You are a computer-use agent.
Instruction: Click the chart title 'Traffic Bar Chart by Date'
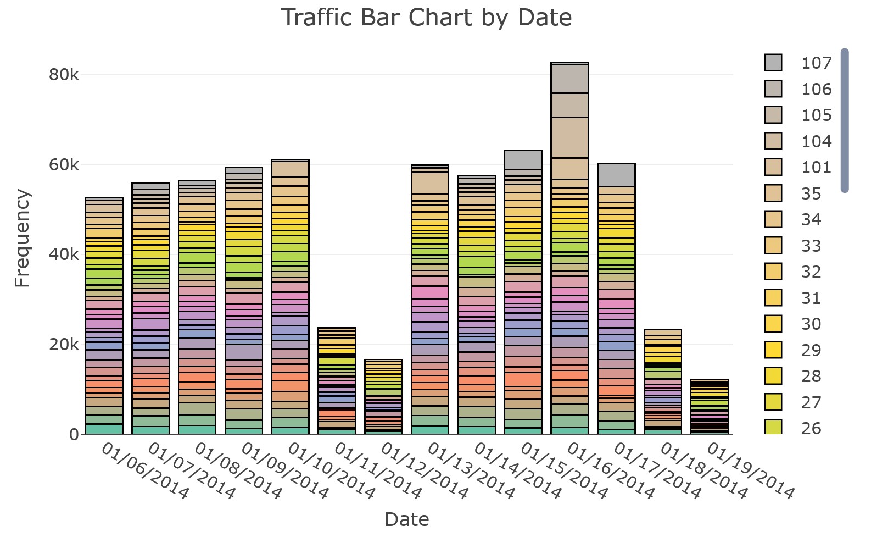click(426, 18)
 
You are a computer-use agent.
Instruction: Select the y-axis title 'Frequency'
click(22, 238)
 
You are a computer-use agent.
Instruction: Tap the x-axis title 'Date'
click(406, 519)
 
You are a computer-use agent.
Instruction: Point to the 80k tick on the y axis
click(64, 75)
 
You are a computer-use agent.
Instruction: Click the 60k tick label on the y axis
click(64, 165)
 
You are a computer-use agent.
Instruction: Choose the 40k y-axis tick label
click(64, 254)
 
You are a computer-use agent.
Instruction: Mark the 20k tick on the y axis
click(64, 345)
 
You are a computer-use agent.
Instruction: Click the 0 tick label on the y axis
click(74, 434)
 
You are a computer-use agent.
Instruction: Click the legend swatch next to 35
click(773, 193)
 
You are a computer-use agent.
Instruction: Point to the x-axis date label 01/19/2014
click(751, 471)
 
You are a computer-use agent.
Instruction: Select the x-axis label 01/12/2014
click(425, 471)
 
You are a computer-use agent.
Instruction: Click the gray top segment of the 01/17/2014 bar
click(616, 175)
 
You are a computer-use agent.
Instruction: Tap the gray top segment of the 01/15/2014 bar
click(523, 159)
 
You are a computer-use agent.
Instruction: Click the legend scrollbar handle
click(845, 120)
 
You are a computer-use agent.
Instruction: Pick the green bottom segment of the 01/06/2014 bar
click(104, 429)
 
